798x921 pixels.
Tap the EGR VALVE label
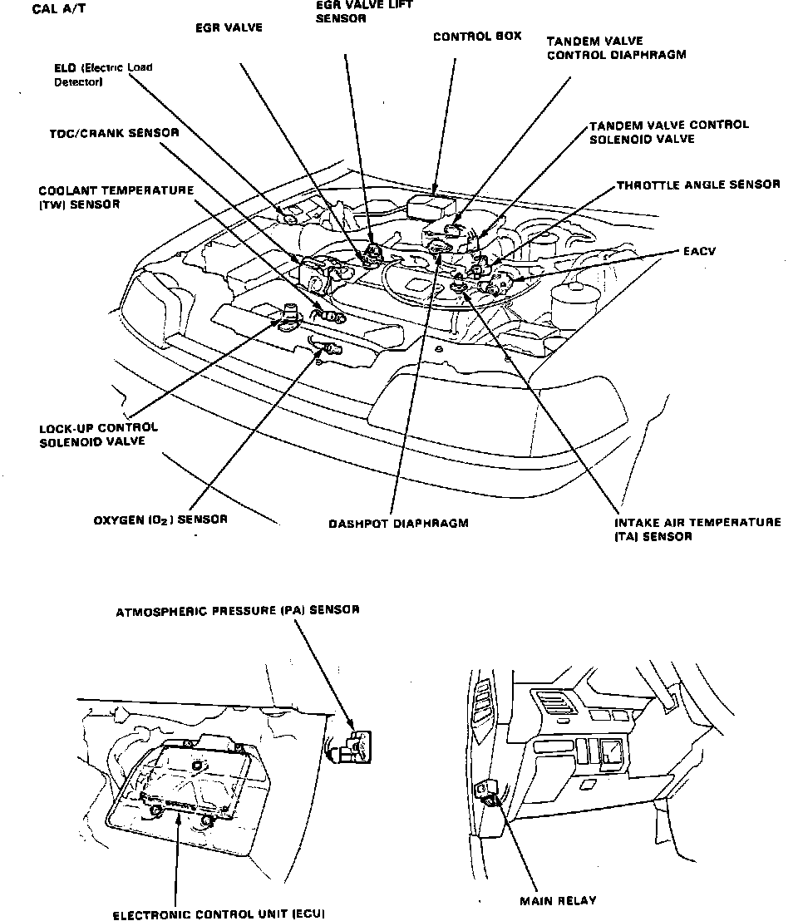229,27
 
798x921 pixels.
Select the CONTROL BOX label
477,37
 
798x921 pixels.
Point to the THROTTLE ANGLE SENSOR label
697,185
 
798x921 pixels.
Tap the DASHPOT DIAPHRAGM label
398,524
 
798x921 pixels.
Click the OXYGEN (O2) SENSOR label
160,520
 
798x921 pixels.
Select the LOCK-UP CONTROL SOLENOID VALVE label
98,435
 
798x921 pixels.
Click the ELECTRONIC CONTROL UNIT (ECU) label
219,914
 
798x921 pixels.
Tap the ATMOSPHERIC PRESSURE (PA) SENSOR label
238,610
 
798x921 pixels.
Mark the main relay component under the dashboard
487,794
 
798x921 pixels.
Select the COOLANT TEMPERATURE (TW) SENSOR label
116,197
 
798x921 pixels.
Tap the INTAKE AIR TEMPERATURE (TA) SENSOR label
697,529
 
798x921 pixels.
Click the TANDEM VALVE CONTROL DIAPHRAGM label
617,48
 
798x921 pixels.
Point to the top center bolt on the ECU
196,766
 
